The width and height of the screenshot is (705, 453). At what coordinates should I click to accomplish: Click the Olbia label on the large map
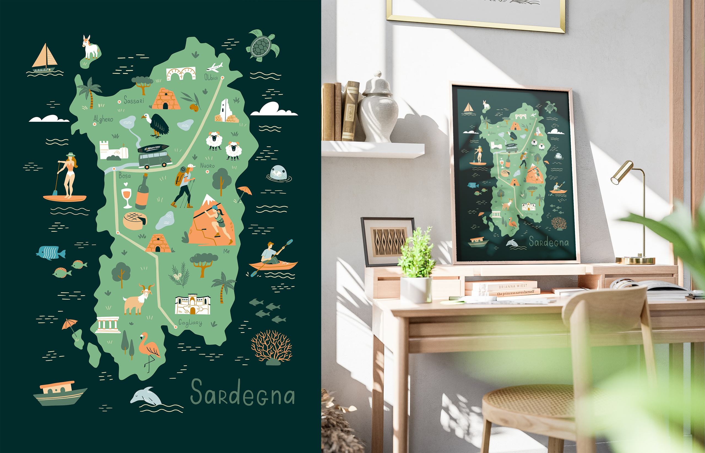pyautogui.click(x=211, y=77)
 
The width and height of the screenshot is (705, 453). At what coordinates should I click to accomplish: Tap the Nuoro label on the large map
pyautogui.click(x=207, y=166)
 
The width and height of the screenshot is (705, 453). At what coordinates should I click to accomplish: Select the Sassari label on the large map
pyautogui.click(x=134, y=101)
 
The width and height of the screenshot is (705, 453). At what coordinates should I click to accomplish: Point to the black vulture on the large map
pyautogui.click(x=156, y=125)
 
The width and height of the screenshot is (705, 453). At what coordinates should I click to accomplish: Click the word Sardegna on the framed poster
pyautogui.click(x=549, y=242)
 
